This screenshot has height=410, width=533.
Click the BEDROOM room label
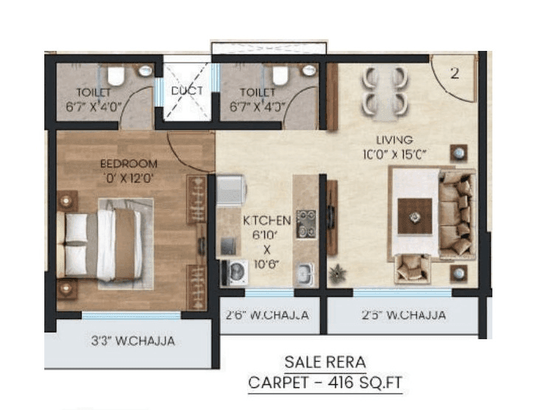point(129,163)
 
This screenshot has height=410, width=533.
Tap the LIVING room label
point(394,139)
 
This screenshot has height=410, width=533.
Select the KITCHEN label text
point(266,220)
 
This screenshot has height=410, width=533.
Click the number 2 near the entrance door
point(455,74)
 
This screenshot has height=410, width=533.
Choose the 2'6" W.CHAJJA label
point(267,315)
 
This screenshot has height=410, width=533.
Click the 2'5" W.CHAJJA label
point(403,315)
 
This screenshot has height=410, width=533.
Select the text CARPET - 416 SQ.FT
point(325,382)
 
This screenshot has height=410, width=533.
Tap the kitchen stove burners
point(306,224)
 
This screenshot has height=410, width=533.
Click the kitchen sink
point(304,274)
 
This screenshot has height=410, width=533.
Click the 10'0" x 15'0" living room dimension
point(394,155)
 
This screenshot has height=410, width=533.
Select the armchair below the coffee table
point(411,268)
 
